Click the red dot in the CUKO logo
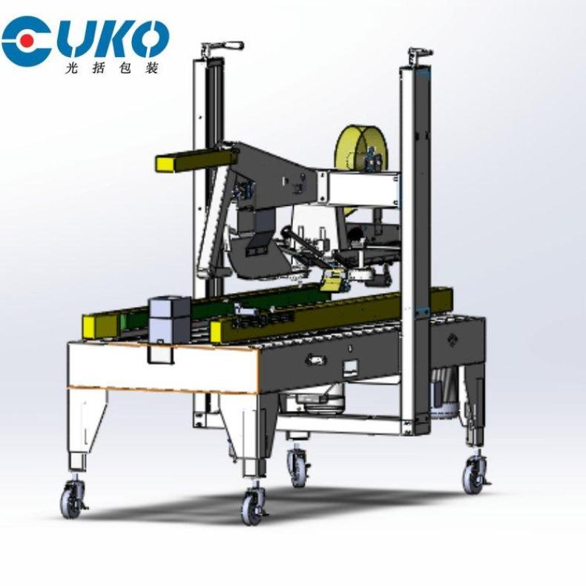[25, 39]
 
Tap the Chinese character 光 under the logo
[72, 68]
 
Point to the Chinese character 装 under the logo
[151, 68]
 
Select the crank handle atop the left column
[223, 47]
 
